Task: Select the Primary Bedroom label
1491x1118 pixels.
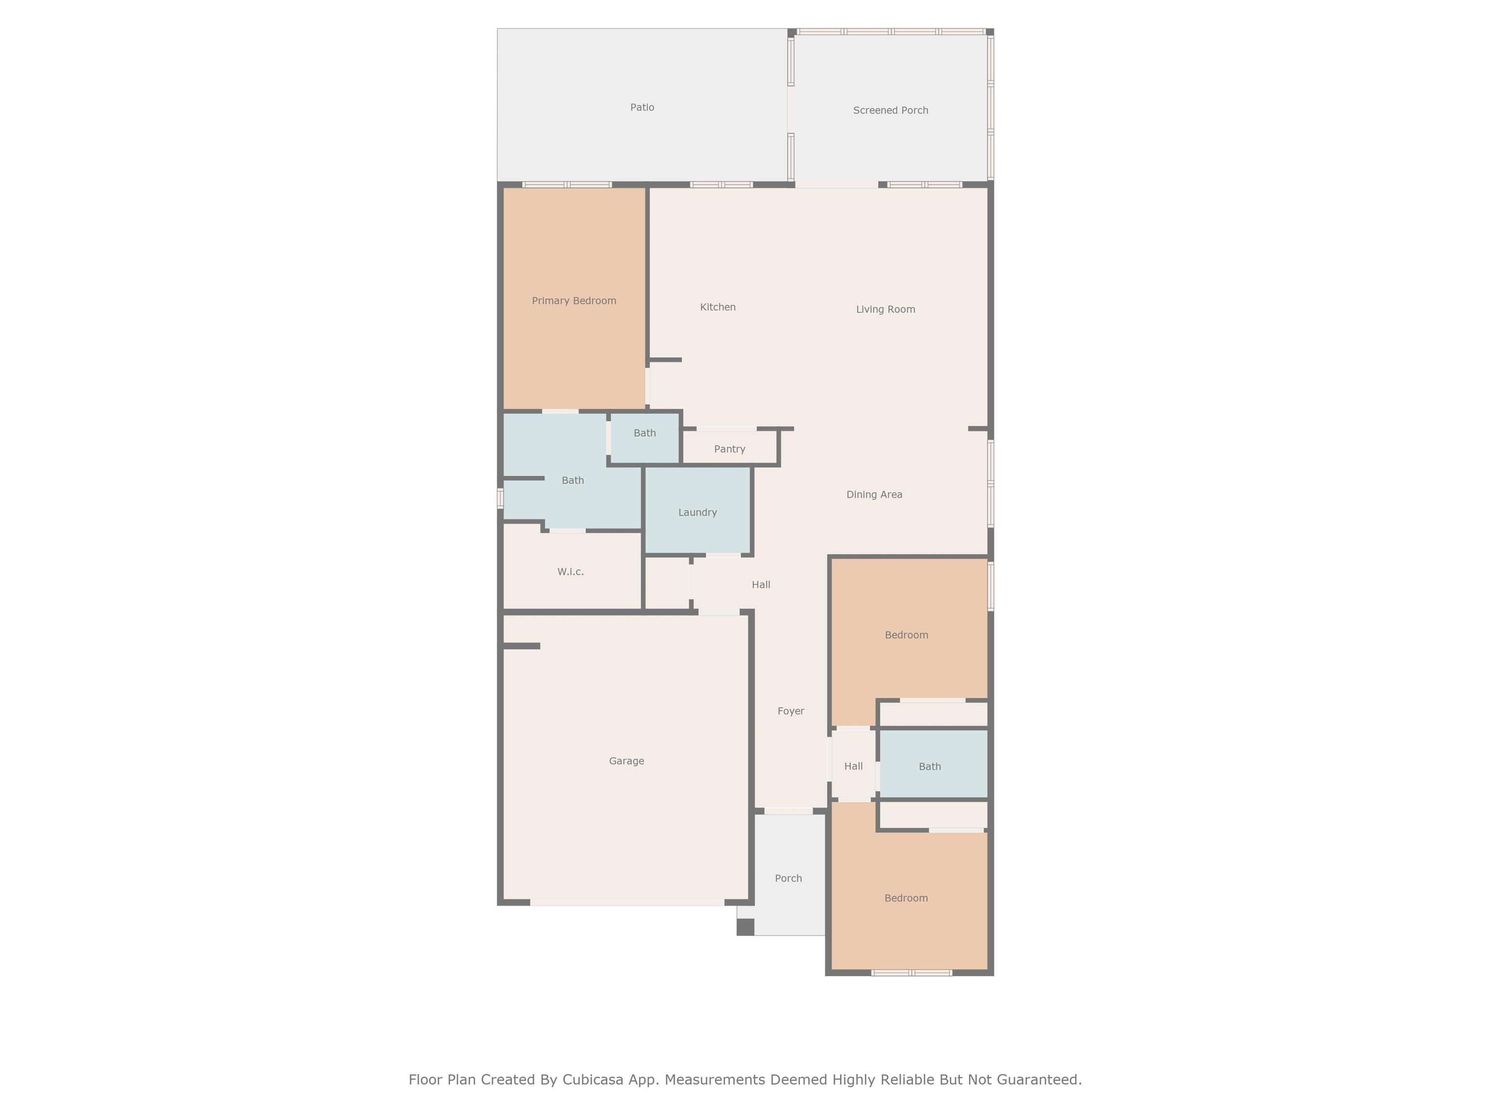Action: coord(574,300)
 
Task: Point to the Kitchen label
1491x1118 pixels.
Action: coord(717,307)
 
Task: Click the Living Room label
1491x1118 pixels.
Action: coord(885,309)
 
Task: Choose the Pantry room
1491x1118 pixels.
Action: coord(730,447)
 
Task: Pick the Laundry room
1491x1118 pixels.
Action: coord(697,510)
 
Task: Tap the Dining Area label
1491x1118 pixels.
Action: coord(874,494)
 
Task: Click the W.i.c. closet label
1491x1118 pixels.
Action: coord(570,572)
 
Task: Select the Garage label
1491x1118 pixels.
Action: coord(626,761)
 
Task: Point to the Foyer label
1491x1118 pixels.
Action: coord(791,711)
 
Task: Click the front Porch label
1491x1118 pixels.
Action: coord(788,878)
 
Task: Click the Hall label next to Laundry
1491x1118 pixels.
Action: coord(761,584)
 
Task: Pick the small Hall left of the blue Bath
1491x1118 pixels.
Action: coord(853,766)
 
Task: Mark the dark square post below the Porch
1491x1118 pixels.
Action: coord(745,927)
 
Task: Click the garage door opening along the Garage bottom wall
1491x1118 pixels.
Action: coord(627,903)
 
